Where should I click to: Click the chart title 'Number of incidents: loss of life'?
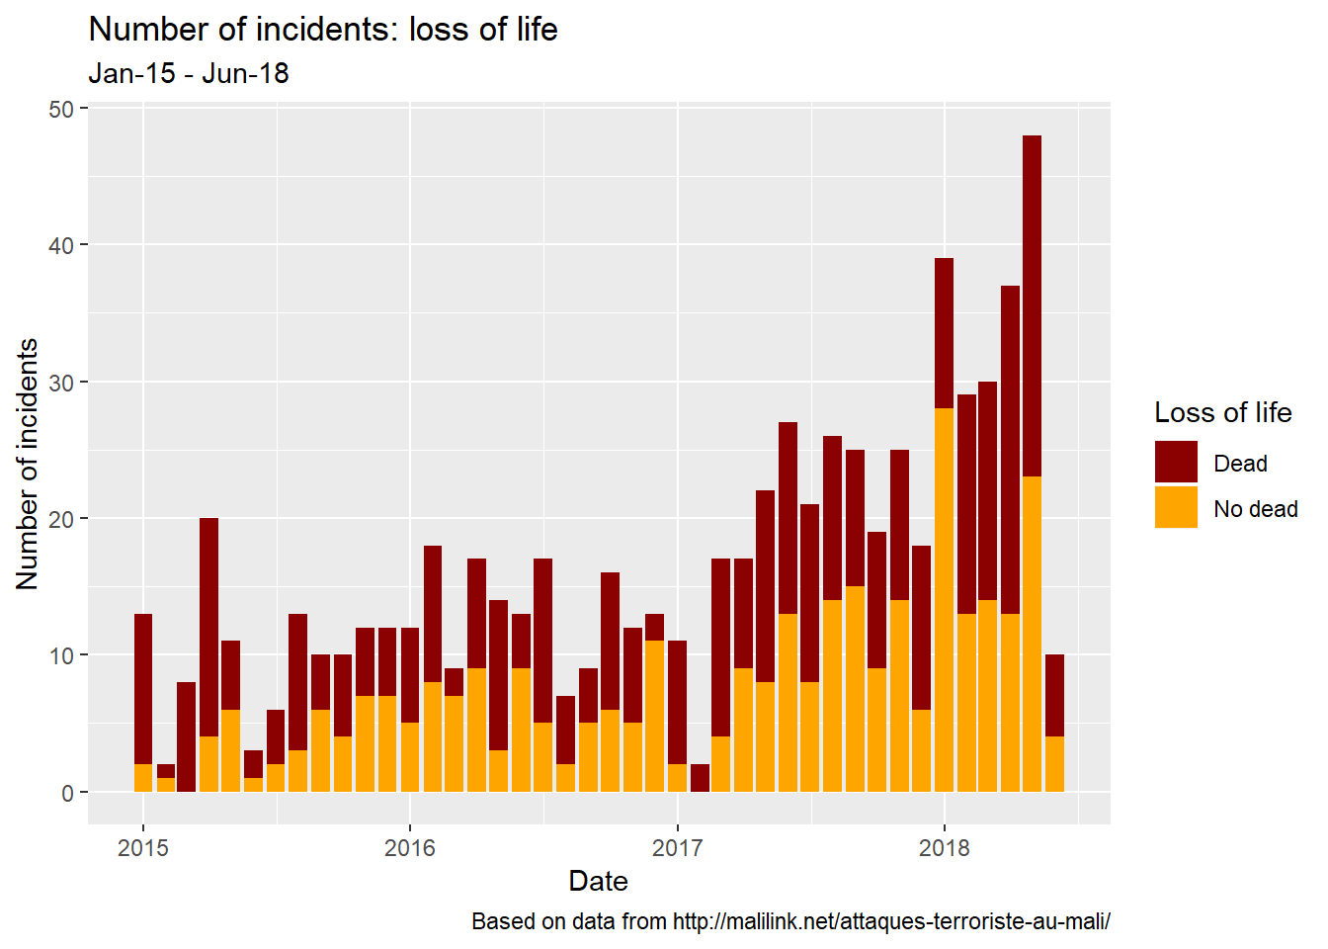(x=323, y=30)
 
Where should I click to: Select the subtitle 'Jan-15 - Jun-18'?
(x=189, y=74)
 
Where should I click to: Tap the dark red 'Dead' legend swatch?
(x=1176, y=463)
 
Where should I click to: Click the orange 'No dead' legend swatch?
(x=1176, y=507)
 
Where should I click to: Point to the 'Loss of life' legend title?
(x=1222, y=412)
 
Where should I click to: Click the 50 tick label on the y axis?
(x=61, y=109)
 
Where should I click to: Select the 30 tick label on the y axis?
(x=61, y=383)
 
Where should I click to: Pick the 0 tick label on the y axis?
(x=67, y=793)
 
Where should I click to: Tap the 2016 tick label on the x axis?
(x=410, y=847)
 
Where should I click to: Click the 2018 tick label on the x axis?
(x=945, y=847)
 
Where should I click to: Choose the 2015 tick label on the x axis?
(x=143, y=847)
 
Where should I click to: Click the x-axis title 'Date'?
(x=598, y=881)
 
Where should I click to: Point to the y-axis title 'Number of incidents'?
(x=28, y=465)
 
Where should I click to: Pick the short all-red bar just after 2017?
(x=700, y=778)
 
